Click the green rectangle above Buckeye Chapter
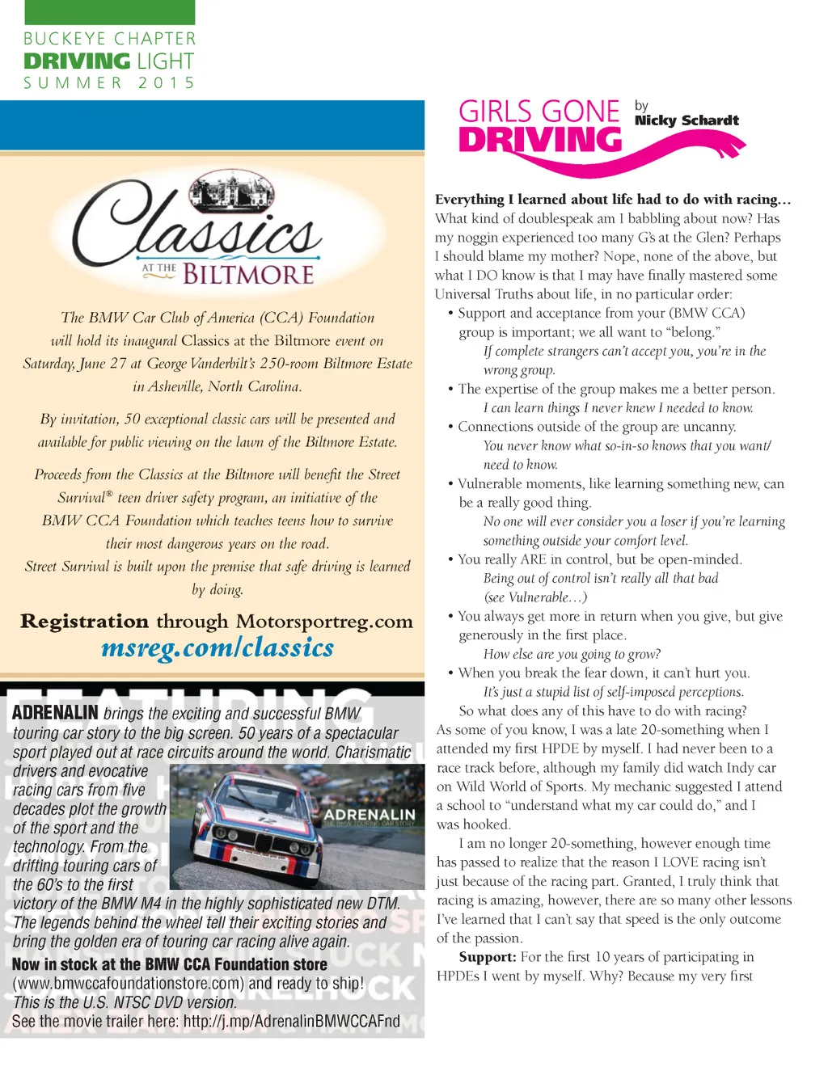[x=110, y=12]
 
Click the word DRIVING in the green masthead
[x=77, y=61]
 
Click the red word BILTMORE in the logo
[x=248, y=275]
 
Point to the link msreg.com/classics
[x=218, y=647]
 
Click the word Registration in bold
[x=84, y=621]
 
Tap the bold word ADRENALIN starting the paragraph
[x=55, y=713]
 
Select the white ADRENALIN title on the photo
[x=370, y=814]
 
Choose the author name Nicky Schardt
[x=686, y=120]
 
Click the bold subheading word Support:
[x=487, y=957]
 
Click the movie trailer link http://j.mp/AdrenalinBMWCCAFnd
[x=291, y=1021]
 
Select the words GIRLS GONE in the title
[x=539, y=112]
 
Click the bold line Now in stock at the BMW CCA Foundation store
[x=170, y=964]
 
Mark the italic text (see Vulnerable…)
[x=534, y=597]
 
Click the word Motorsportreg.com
[x=324, y=621]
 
